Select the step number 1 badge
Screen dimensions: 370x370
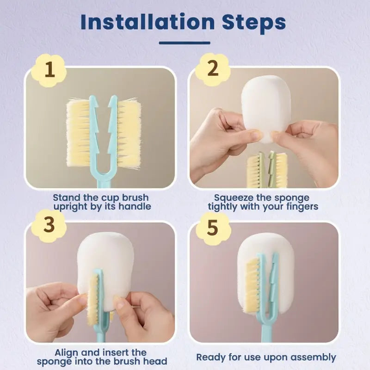(x=49, y=71)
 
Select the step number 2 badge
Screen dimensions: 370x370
(x=213, y=69)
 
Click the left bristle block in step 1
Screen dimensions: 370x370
(x=79, y=133)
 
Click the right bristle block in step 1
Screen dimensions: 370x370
(x=129, y=133)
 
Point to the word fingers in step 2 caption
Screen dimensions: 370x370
(x=301, y=206)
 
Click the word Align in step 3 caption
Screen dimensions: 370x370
(x=66, y=352)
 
